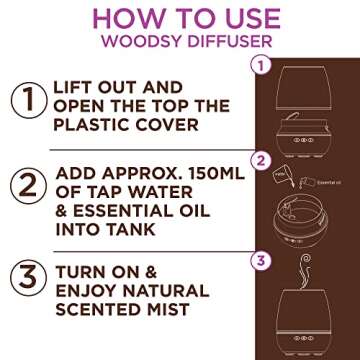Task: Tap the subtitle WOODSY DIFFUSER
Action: tap(180, 46)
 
